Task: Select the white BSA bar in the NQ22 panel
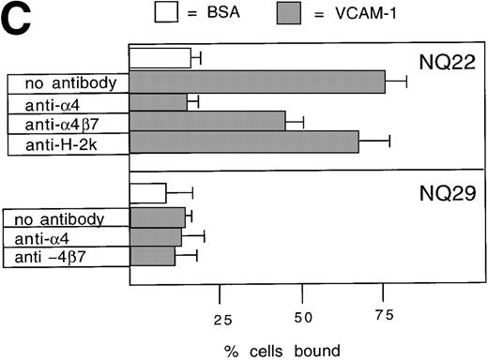pyautogui.click(x=160, y=58)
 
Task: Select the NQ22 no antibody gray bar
pyautogui.click(x=256, y=82)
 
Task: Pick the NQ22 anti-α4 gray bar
pyautogui.click(x=158, y=101)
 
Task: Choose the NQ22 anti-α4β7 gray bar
pyautogui.click(x=206, y=121)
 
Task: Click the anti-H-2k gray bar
pyautogui.click(x=244, y=141)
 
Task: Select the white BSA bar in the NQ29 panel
pyautogui.click(x=147, y=192)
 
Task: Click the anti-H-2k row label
pyautogui.click(x=66, y=141)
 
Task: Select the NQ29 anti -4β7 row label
pyautogui.click(x=66, y=257)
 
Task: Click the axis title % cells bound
pyautogui.click(x=282, y=352)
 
